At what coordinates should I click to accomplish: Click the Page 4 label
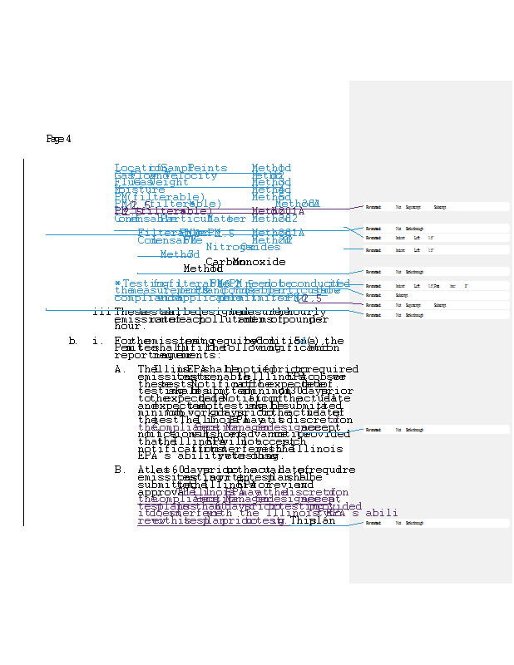click(x=58, y=139)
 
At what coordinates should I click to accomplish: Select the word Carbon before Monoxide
click(x=219, y=262)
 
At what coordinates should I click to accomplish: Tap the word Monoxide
click(x=260, y=262)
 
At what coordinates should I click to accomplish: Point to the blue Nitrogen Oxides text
click(x=243, y=247)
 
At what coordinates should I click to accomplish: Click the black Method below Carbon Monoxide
click(x=202, y=269)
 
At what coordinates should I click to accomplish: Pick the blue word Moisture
click(x=139, y=190)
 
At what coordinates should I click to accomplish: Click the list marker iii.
click(x=102, y=312)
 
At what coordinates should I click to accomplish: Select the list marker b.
click(x=73, y=341)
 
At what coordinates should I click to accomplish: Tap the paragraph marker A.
click(x=120, y=369)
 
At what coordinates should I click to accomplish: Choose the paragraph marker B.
click(x=120, y=470)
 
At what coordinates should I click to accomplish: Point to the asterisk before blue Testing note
click(x=117, y=283)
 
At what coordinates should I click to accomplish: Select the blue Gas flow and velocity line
click(x=166, y=175)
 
